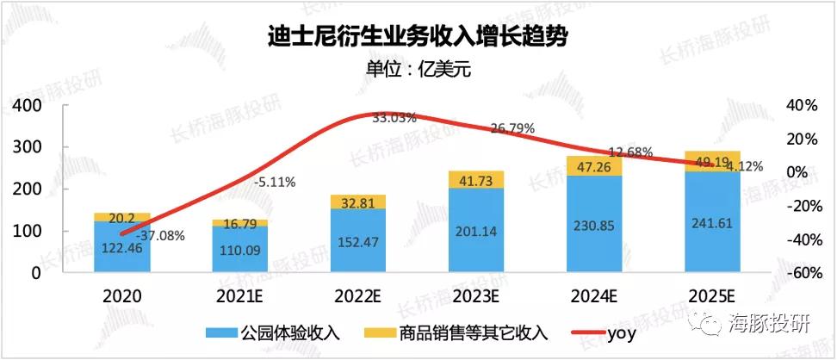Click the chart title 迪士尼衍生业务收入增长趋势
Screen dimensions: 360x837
[418, 37]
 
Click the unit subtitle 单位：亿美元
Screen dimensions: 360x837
[418, 70]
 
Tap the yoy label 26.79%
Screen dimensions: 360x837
[512, 127]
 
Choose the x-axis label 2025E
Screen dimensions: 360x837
[710, 295]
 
